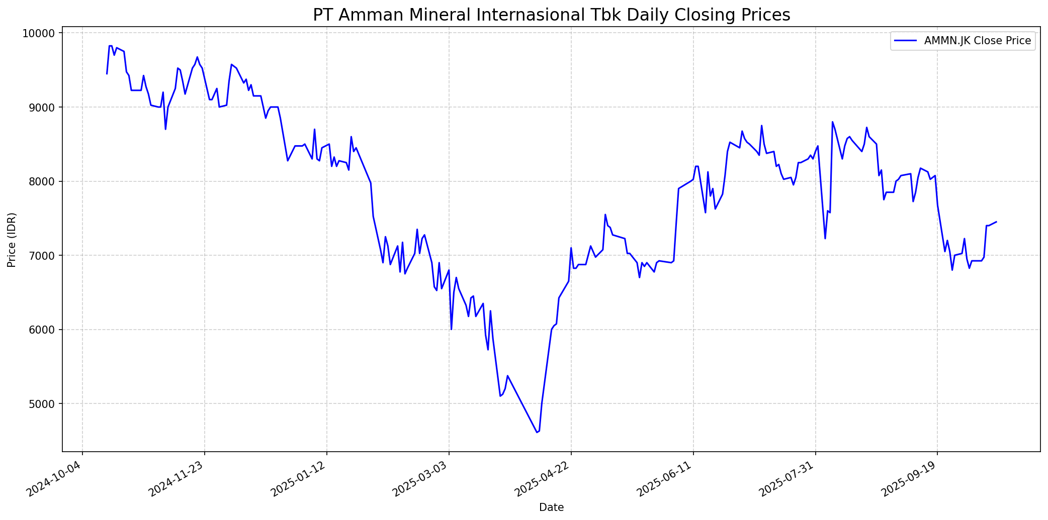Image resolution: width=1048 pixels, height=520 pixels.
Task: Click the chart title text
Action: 551,15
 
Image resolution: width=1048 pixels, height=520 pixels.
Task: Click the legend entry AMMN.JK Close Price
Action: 978,41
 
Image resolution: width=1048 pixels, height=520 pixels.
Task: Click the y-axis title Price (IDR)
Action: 12,240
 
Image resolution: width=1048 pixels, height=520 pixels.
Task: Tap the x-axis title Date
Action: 551,507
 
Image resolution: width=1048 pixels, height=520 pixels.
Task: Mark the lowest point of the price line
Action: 537,433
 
